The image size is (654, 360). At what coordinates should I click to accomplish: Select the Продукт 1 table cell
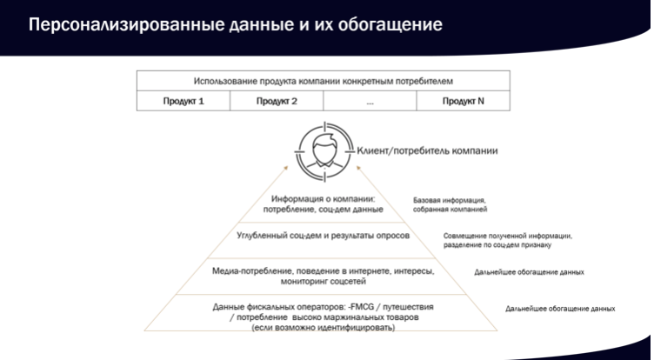tap(184, 101)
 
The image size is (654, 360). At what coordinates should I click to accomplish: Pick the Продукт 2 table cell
tap(277, 101)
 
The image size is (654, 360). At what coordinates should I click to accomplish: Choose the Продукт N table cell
tap(463, 101)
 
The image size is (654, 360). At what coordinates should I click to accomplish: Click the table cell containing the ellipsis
tap(370, 101)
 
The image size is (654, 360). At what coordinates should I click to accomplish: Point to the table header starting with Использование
tap(324, 81)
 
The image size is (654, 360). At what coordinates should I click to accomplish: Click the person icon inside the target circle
tap(324, 150)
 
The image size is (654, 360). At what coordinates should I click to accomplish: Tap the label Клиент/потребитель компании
tap(428, 150)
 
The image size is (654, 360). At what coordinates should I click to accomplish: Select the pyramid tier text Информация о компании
tap(323, 204)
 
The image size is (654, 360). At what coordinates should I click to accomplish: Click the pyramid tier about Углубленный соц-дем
tap(323, 236)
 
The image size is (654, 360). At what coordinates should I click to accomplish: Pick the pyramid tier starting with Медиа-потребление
tap(323, 277)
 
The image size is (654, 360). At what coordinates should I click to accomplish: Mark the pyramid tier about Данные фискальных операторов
tap(323, 317)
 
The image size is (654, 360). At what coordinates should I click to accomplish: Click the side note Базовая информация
tap(450, 205)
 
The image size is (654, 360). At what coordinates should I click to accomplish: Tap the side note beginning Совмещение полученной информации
tap(508, 240)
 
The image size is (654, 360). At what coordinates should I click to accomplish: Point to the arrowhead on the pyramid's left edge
tap(286, 168)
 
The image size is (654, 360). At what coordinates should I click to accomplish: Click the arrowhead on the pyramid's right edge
tap(358, 168)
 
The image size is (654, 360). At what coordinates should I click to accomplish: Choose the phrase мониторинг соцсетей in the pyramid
tap(323, 282)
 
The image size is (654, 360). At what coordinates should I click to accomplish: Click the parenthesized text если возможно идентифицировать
tap(323, 328)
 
